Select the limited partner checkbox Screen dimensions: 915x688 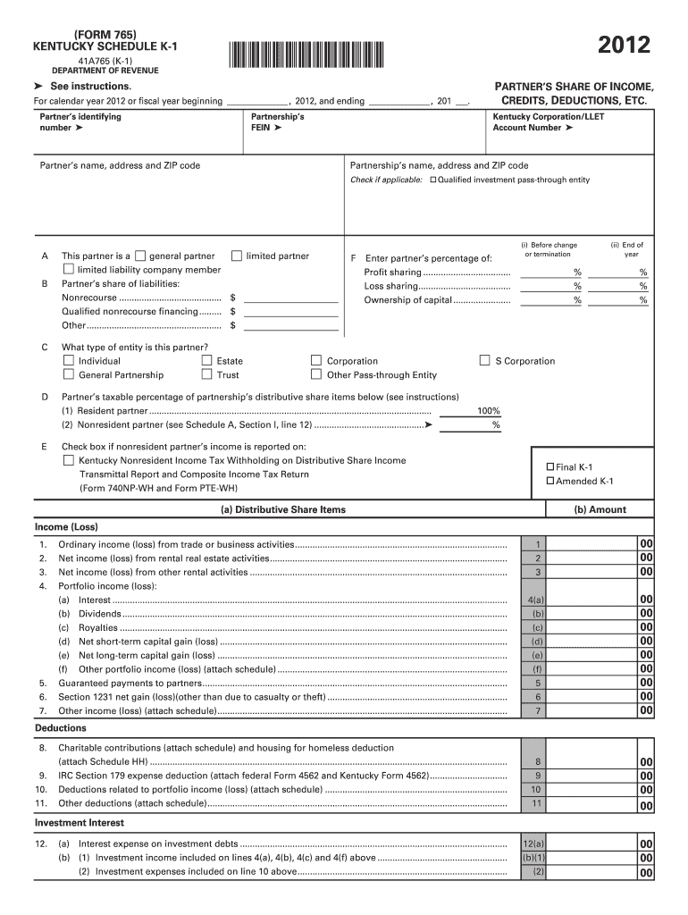click(x=237, y=256)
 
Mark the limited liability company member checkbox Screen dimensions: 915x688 click(x=69, y=270)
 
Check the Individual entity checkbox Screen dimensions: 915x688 click(x=69, y=361)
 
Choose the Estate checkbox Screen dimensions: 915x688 click(x=206, y=361)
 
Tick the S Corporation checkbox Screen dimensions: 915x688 click(x=485, y=361)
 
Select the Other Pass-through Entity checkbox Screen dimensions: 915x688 click(x=316, y=375)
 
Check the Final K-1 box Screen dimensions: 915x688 click(x=550, y=467)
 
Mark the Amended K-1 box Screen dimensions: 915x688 click(x=550, y=482)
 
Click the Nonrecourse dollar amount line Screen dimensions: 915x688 click(x=290, y=298)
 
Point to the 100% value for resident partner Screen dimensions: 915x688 click(x=489, y=411)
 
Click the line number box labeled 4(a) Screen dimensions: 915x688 click(x=537, y=600)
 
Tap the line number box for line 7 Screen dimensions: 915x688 click(x=537, y=711)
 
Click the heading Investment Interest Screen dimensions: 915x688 click(x=80, y=823)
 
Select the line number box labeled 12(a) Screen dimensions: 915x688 click(x=534, y=844)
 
